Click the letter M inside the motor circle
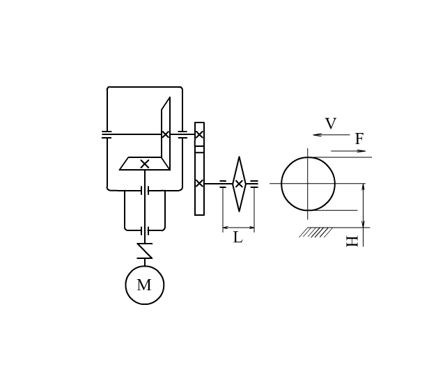pyautogui.click(x=144, y=285)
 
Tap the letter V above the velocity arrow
pyautogui.click(x=331, y=123)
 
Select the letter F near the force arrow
pyautogui.click(x=359, y=139)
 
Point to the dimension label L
pyautogui.click(x=238, y=237)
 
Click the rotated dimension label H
pyautogui.click(x=352, y=242)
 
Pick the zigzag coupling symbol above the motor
pyautogui.click(x=145, y=251)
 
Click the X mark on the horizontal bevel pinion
pyautogui.click(x=145, y=164)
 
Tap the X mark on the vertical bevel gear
pyautogui.click(x=166, y=134)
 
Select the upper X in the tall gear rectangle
pyautogui.click(x=199, y=134)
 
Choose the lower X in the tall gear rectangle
pyautogui.click(x=199, y=184)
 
